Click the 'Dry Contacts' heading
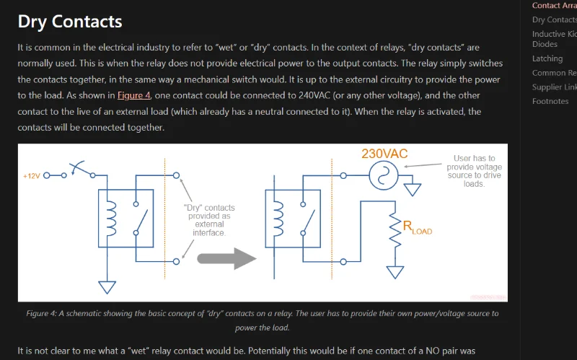[70, 22]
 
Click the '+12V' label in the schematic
[32, 175]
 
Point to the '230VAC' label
[384, 154]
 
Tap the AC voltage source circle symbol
[379, 175]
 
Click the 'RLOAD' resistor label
[418, 228]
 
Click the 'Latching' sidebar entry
[547, 58]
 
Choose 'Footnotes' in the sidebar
[550, 101]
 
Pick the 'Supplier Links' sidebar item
[554, 87]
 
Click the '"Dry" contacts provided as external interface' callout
[209, 220]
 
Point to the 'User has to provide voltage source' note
[474, 171]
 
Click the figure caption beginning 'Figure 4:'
[262, 320]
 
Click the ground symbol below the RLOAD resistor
[395, 271]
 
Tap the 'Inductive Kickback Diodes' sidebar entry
[554, 39]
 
